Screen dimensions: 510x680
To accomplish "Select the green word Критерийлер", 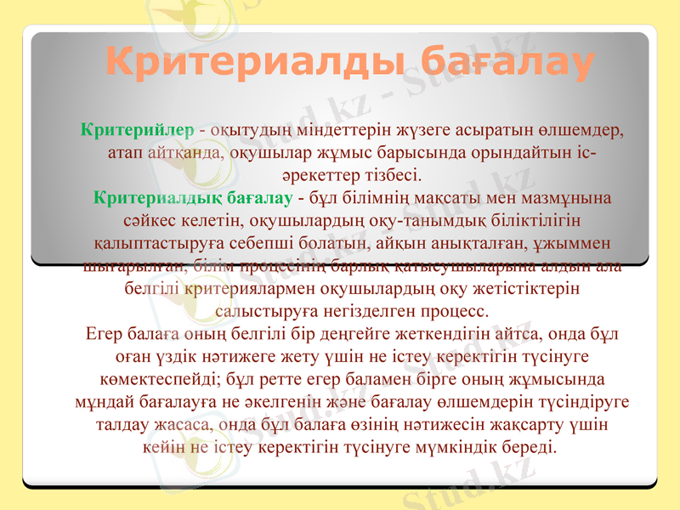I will pyautogui.click(x=137, y=131).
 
